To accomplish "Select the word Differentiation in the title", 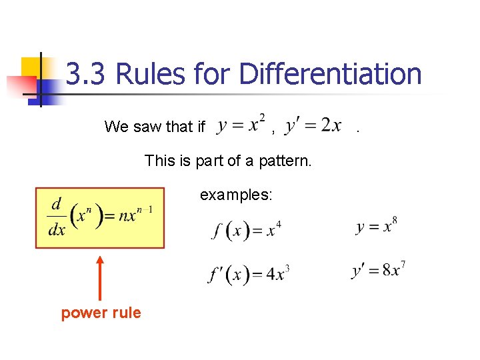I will coord(330,75).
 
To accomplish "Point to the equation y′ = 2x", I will coord(313,125).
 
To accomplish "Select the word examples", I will coord(236,195).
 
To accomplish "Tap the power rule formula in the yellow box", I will coord(100,218).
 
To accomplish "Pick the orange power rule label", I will coord(101,313).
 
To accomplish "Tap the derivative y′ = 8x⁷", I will coord(378,271).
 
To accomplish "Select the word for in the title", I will coord(215,75).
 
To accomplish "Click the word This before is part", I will coord(160,161).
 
